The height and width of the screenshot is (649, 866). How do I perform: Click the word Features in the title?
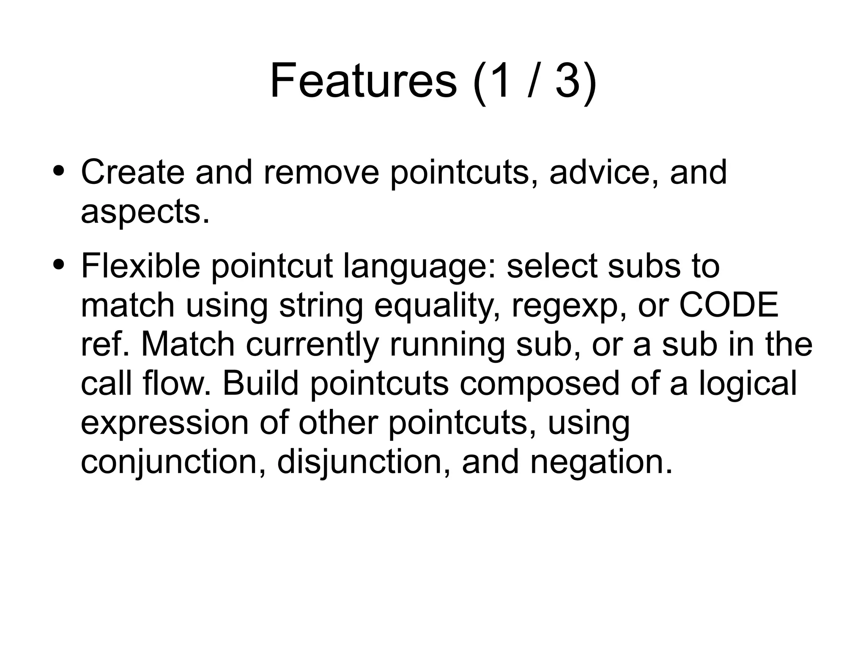click(x=363, y=80)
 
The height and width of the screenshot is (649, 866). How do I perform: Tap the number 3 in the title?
click(x=567, y=80)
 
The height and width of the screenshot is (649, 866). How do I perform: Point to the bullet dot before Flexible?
click(x=59, y=265)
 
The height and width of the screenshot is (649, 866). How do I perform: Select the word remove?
click(x=321, y=172)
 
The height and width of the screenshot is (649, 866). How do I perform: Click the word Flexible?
click(x=140, y=266)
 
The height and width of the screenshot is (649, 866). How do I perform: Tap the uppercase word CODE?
click(x=728, y=305)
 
